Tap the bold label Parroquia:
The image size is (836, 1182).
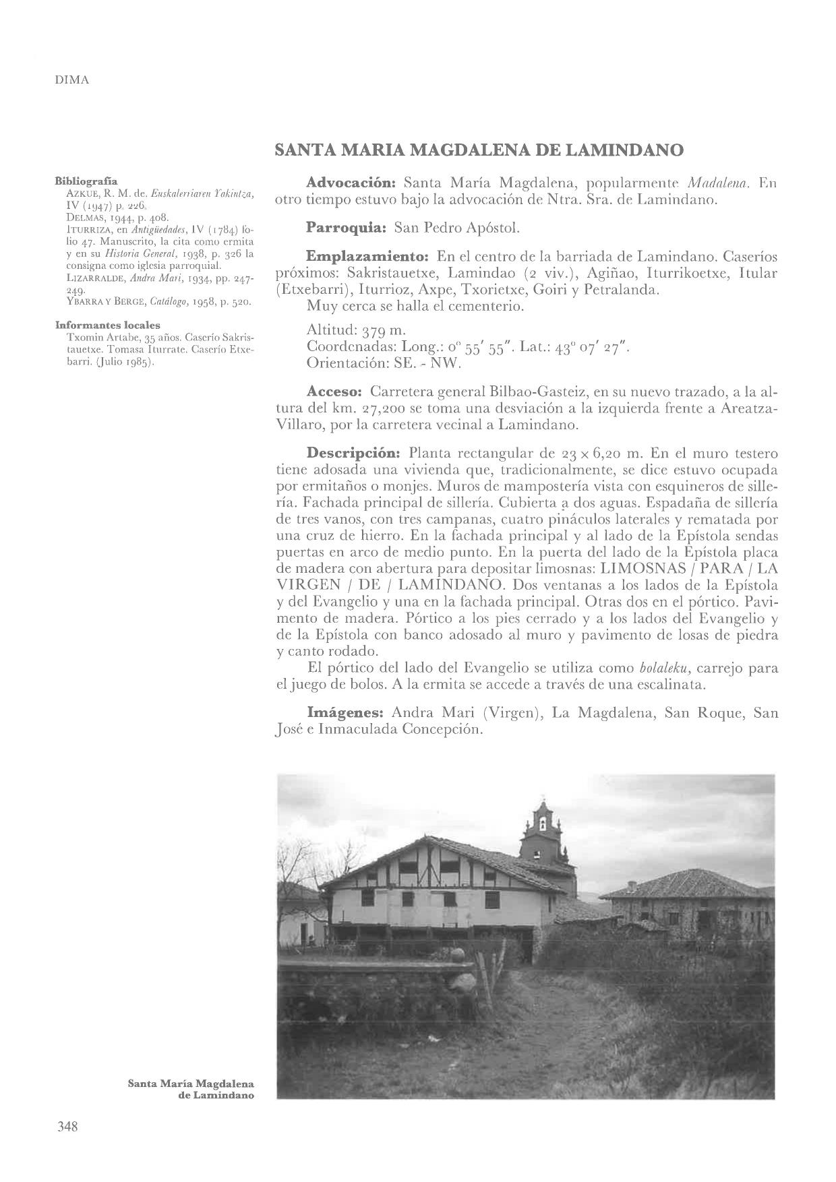345,228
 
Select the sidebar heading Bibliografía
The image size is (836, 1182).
86,181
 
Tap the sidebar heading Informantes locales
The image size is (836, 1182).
107,325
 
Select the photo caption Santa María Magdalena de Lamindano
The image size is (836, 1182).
191,1090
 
